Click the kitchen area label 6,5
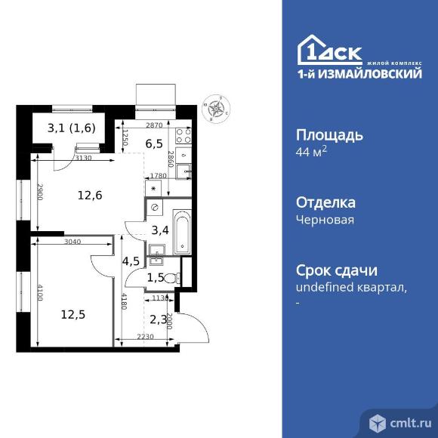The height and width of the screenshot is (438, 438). (155, 141)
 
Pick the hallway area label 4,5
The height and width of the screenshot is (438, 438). (131, 262)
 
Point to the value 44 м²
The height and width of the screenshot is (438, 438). (310, 153)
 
